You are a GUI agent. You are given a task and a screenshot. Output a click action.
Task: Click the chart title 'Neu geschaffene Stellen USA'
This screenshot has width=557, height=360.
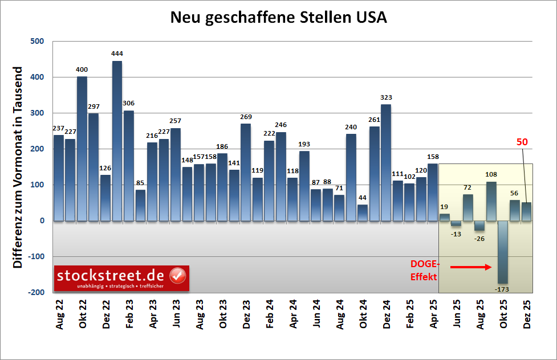coord(279,18)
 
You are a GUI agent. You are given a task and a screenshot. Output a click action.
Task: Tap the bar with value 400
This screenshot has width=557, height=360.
coord(82,148)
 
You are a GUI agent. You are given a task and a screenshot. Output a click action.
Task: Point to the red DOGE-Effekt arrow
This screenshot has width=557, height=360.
coord(470,267)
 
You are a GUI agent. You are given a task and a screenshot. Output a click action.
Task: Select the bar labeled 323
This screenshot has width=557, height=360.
coord(386,162)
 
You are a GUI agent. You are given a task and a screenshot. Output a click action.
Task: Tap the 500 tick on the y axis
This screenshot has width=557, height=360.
coord(36,42)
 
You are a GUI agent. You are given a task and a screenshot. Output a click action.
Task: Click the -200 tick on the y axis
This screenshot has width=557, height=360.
coord(35,292)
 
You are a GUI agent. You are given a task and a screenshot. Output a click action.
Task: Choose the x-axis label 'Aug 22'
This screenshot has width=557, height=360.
coord(59,316)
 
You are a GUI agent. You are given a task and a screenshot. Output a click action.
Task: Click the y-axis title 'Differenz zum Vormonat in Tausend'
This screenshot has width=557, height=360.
coord(18,168)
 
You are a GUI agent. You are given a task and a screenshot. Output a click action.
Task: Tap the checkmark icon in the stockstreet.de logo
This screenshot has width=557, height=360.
coord(178,276)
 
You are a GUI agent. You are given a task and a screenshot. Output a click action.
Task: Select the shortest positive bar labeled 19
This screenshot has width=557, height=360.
coord(444,217)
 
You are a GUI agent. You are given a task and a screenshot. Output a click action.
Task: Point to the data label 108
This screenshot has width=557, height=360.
coord(491,174)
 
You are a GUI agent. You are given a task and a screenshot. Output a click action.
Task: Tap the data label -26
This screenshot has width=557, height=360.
coord(479,239)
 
